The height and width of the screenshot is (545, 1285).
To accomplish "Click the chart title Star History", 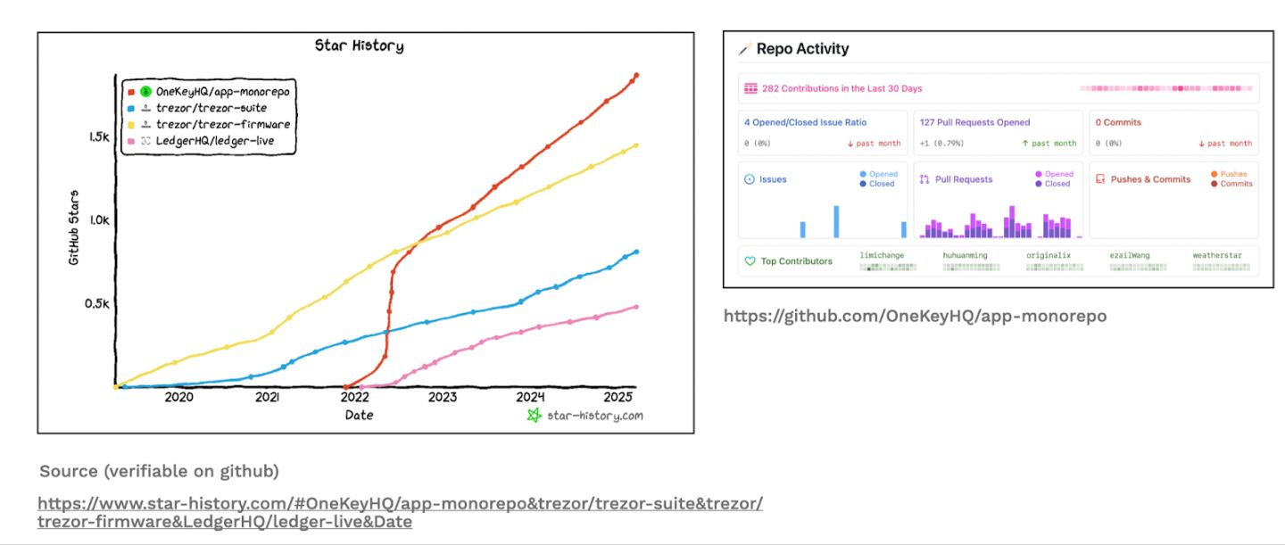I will point(359,45).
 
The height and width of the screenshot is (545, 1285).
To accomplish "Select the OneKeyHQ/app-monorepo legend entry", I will point(222,91).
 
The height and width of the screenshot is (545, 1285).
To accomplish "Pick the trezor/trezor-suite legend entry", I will point(211,108).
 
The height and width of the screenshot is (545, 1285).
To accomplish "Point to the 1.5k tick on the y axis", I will point(98,137).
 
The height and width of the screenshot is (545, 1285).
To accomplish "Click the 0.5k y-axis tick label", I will point(96,303).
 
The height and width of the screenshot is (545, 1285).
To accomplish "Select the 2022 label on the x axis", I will point(354,398).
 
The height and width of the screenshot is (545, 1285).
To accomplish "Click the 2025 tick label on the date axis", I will point(618,398).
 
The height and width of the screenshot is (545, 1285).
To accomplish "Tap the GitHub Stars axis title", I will point(74,227).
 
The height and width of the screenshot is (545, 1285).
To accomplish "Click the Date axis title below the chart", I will point(359,415).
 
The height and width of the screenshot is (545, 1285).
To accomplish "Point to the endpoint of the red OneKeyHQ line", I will point(636,75).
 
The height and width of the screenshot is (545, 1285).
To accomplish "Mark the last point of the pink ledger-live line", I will point(636,307).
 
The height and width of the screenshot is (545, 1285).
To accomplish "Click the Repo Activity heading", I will point(802,49).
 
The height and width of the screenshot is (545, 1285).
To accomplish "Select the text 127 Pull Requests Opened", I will point(974,122).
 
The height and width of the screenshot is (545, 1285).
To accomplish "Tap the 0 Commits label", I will point(1118,122).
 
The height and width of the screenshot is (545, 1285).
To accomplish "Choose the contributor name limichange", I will point(882,255).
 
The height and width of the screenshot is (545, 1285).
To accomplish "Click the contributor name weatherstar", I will point(1216,255).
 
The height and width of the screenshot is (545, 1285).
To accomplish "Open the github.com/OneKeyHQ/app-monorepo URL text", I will point(915,316).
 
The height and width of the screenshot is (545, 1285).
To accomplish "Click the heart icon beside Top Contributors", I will point(750,261).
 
